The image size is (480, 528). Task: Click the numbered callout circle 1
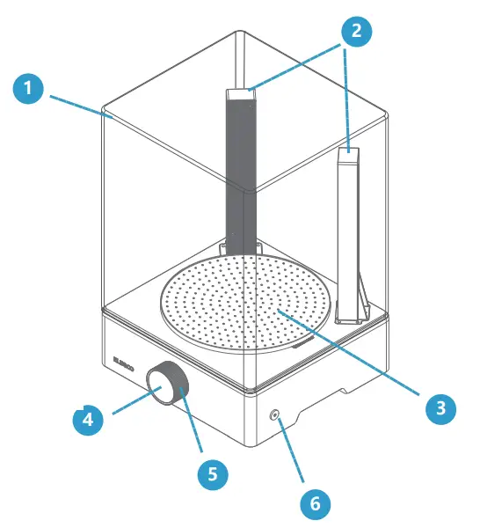pyautogui.click(x=29, y=88)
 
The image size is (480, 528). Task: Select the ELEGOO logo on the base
pyautogui.click(x=123, y=360)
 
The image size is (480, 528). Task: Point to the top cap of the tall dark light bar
pyautogui.click(x=240, y=93)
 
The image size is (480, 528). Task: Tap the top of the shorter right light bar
pyautogui.click(x=349, y=154)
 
